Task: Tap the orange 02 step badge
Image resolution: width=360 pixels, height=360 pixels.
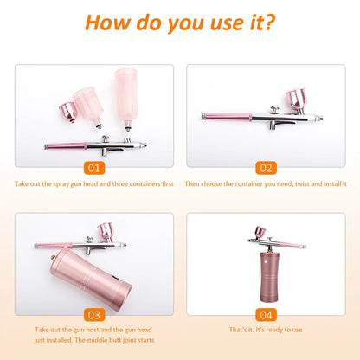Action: pyautogui.click(x=266, y=167)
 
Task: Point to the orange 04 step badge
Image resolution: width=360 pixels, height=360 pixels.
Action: pyautogui.click(x=266, y=314)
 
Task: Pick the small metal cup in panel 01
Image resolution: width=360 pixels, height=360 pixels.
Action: pyautogui.click(x=65, y=111)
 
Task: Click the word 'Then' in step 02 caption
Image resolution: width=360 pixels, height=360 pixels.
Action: pyautogui.click(x=192, y=183)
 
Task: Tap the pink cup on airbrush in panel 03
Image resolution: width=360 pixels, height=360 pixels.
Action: pyautogui.click(x=106, y=230)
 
